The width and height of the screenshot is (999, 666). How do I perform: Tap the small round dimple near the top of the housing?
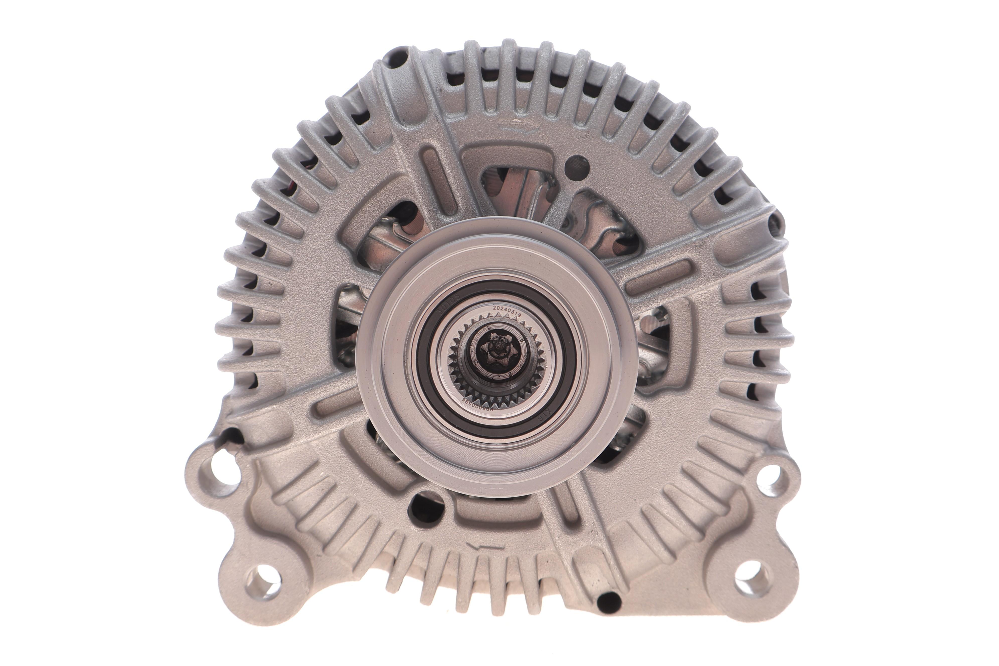[578, 163]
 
